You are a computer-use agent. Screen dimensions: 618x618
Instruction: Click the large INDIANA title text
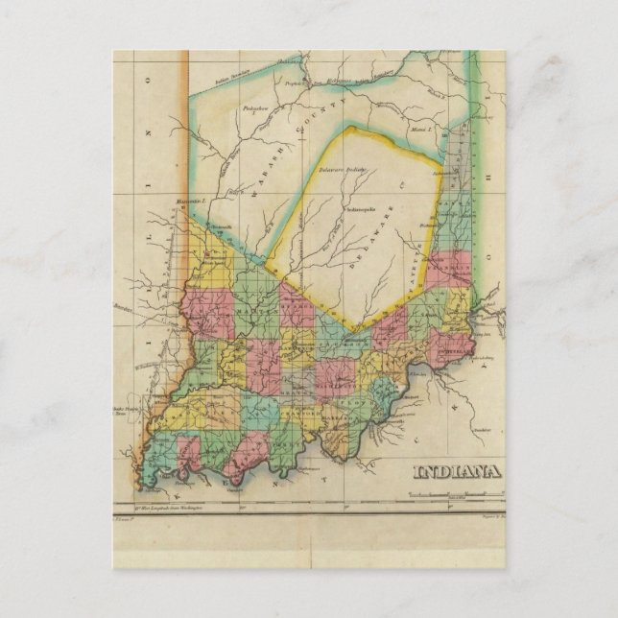coord(459,470)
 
